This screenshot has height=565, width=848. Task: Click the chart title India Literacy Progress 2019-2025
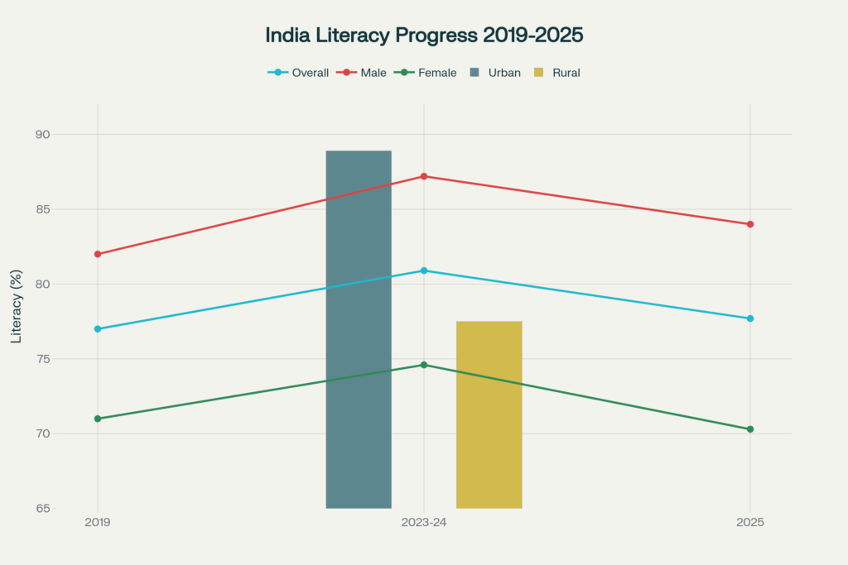[x=424, y=36]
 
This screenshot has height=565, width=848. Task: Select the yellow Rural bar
[x=489, y=414]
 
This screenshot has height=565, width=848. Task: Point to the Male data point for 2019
[x=98, y=254]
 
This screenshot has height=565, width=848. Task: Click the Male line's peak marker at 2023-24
[x=424, y=176]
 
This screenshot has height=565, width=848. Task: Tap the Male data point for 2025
[x=750, y=224]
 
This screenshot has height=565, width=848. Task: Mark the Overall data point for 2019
[x=98, y=329]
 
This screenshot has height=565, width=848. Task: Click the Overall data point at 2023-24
[x=424, y=271]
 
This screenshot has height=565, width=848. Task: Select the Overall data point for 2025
[x=750, y=318]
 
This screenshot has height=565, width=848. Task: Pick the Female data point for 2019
[x=98, y=419]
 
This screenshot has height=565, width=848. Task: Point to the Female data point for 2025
[x=750, y=429]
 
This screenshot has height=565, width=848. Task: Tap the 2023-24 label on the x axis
[x=424, y=524]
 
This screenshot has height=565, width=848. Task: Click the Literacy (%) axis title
[x=16, y=306]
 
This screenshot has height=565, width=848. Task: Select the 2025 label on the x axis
[x=750, y=524]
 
